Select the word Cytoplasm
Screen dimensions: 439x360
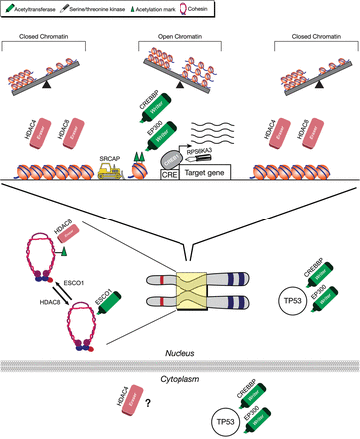[180, 364]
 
